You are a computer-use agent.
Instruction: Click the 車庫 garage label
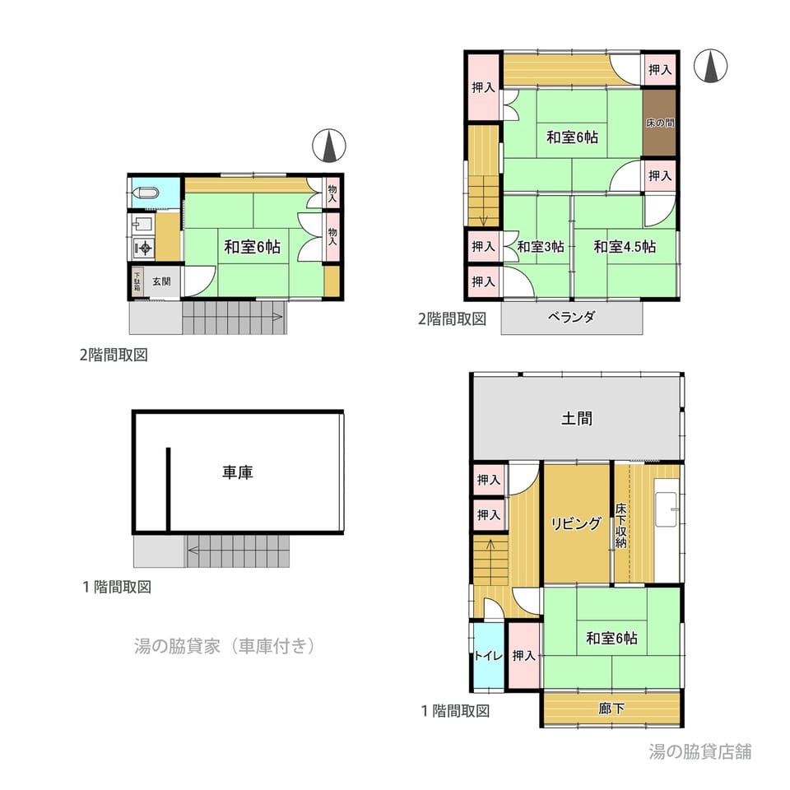237,472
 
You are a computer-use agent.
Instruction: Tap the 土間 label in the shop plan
576,418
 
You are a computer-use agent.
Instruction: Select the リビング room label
576,523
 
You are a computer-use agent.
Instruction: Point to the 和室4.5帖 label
625,246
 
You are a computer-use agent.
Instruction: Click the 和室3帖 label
541,246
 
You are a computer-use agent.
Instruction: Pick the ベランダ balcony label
571,317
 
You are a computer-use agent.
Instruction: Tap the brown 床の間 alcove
659,123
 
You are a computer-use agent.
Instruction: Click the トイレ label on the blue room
488,656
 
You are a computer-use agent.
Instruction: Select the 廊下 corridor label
611,709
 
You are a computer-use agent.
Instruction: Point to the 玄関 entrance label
161,281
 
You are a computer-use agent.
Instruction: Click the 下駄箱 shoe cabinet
137,281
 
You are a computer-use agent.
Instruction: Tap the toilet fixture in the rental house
146,193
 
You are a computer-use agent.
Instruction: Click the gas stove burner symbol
144,248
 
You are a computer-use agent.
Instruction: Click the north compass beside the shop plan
710,67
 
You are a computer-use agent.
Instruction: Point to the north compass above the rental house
329,146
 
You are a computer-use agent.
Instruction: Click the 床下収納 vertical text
620,526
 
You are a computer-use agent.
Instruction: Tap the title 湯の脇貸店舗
699,751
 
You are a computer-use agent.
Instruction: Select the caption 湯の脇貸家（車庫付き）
225,645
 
